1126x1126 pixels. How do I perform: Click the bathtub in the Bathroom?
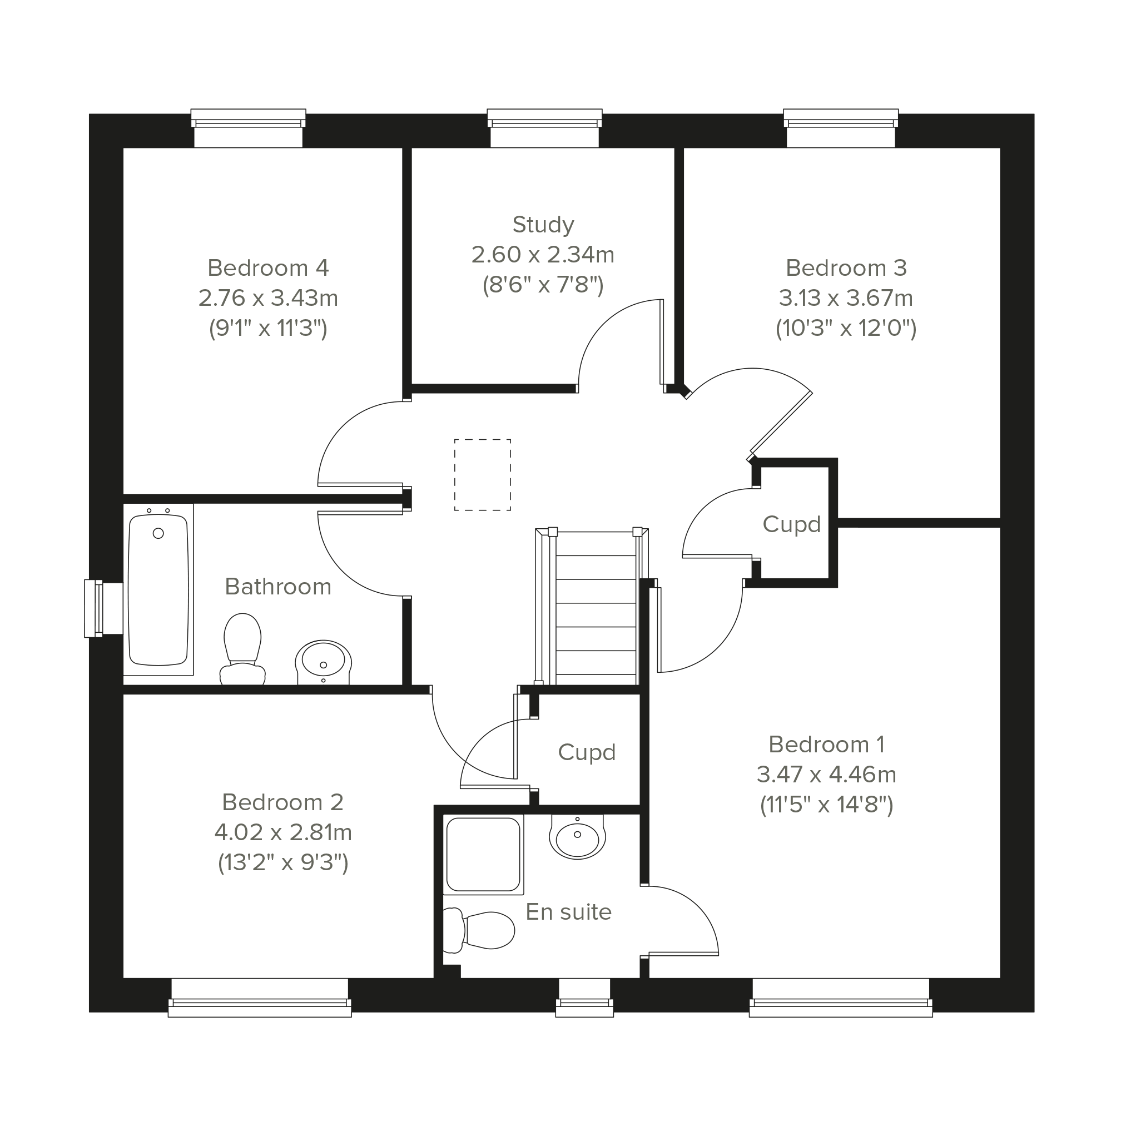pyautogui.click(x=158, y=590)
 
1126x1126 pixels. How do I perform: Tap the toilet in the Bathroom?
pyautogui.click(x=242, y=649)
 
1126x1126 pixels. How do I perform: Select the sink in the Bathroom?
pyautogui.click(x=324, y=663)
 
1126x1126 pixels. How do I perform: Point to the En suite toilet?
pyautogui.click(x=479, y=931)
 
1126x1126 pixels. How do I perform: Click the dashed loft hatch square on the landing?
pyautogui.click(x=483, y=475)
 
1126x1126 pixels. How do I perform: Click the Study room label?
pyautogui.click(x=543, y=225)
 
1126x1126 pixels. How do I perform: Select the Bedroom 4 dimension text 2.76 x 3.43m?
pyautogui.click(x=268, y=299)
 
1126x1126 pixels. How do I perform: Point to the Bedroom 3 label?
pyautogui.click(x=846, y=268)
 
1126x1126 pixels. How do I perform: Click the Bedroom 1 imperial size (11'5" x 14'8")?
pyautogui.click(x=826, y=805)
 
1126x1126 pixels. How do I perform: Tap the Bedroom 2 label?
pyautogui.click(x=282, y=802)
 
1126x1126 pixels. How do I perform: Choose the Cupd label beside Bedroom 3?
pyautogui.click(x=791, y=524)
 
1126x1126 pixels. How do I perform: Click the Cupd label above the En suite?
pyautogui.click(x=587, y=752)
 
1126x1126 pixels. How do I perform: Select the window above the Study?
pyautogui.click(x=544, y=128)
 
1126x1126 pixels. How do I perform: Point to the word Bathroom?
pyautogui.click(x=278, y=587)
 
